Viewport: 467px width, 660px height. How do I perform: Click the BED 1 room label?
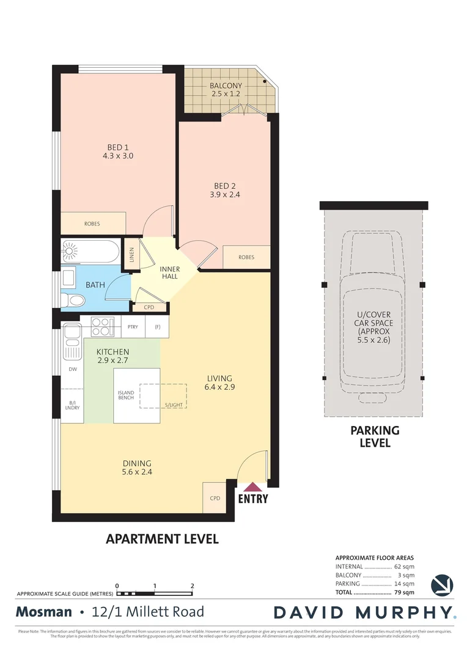[118, 147]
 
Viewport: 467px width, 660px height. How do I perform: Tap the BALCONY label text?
[226, 86]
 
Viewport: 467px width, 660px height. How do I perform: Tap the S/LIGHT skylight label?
[174, 405]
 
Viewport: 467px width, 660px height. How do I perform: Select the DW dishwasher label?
[72, 370]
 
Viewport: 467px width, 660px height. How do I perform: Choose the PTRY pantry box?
[133, 327]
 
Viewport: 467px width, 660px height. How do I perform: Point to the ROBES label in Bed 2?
[246, 257]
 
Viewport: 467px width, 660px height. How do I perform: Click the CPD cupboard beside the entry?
[215, 498]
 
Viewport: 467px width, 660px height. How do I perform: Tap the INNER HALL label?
[169, 272]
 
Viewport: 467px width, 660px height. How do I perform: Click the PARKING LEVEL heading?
[375, 436]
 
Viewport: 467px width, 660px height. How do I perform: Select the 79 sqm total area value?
[404, 592]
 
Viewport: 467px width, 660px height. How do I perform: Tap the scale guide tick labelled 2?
[193, 586]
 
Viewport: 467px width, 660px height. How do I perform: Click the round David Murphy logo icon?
[442, 585]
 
